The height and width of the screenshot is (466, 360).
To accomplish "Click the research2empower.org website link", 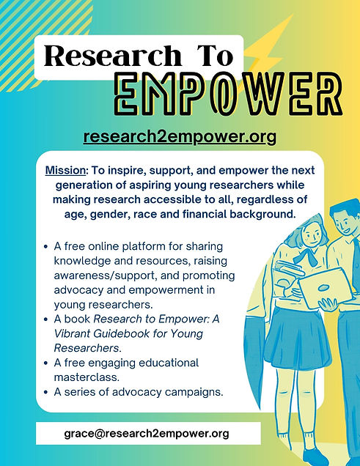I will (180, 137).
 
